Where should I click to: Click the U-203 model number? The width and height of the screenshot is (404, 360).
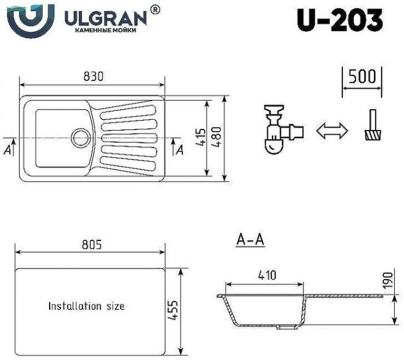pos(340,21)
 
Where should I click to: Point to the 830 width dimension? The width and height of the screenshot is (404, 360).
pos(93,76)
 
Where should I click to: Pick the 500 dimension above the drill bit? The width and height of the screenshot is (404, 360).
pos(362,76)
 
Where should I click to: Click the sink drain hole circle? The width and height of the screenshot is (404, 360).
pos(80,138)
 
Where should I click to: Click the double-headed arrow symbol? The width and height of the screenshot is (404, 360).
pos(332,131)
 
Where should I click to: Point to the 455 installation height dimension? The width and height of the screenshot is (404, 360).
pos(173,312)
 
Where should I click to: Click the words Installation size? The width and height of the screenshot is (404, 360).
pos(86,306)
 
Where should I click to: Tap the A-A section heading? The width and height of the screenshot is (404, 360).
pos(250,240)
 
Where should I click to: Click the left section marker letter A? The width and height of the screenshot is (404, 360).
pos(7,150)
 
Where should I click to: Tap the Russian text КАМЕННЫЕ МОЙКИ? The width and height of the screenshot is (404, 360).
pos(106,30)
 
